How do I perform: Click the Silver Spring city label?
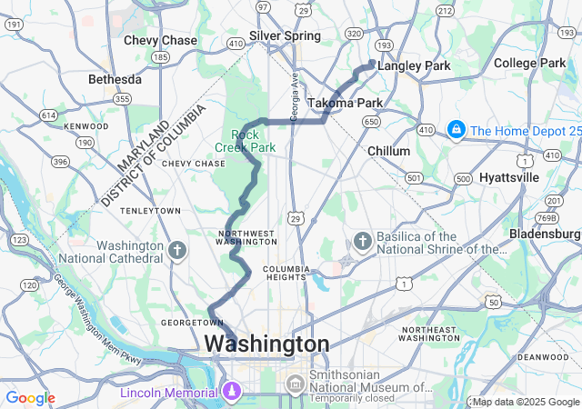coord(285,35)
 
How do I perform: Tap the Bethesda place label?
coord(115,80)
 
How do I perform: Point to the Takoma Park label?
coord(345,103)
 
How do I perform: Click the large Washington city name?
coord(266,344)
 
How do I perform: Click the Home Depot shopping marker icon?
coord(453,131)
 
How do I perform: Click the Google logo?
coord(30,398)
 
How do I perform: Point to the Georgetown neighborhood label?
coord(186,323)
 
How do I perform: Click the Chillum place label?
coord(388,151)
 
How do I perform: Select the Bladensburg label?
coord(546,234)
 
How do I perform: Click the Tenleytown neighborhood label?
coord(150,211)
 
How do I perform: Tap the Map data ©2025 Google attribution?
coord(525,402)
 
